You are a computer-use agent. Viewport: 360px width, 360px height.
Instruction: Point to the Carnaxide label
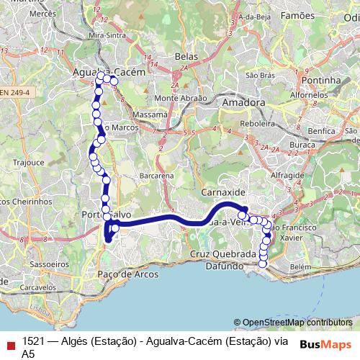(x=223, y=194)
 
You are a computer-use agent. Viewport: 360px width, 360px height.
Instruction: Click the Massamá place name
(x=150, y=114)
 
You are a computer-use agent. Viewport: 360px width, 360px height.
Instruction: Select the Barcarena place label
(x=158, y=176)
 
